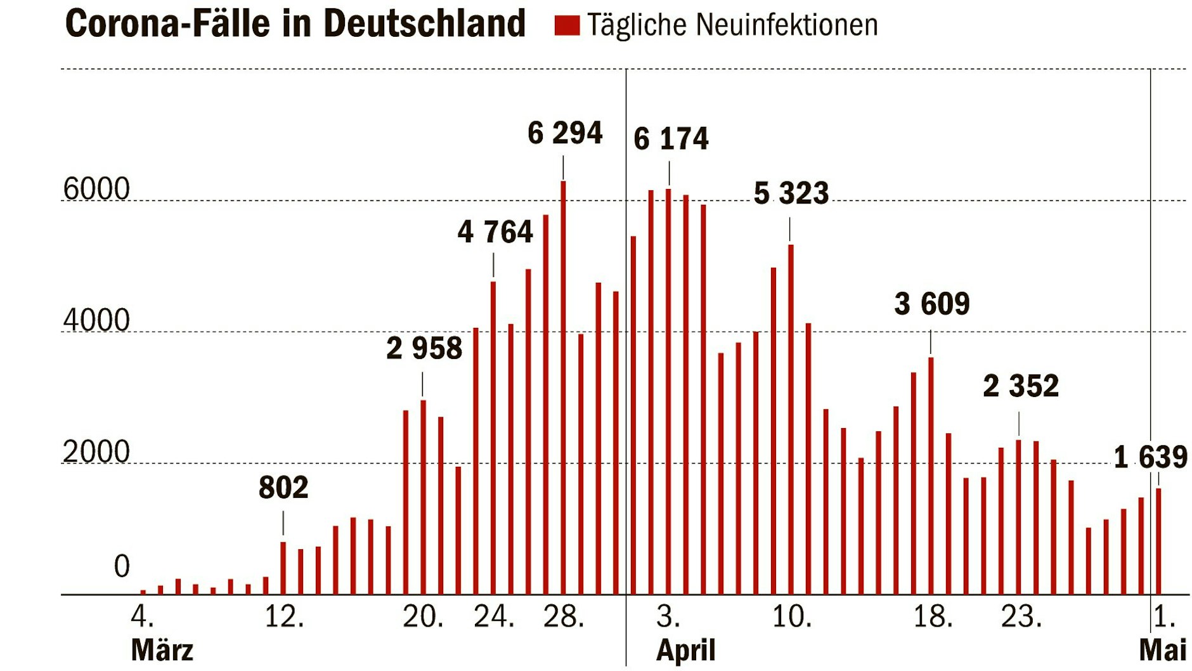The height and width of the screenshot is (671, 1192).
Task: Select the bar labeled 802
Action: (x=283, y=568)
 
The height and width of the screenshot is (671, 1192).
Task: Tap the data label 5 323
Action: (x=791, y=193)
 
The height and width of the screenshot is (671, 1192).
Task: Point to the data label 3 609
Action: (x=931, y=304)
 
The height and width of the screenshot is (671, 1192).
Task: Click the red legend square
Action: (x=567, y=25)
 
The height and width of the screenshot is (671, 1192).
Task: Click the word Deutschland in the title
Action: (x=424, y=24)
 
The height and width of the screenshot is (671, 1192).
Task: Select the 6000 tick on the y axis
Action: (x=96, y=190)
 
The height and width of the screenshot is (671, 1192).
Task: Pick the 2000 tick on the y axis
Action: (x=96, y=452)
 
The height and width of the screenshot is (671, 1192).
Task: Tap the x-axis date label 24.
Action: (x=494, y=616)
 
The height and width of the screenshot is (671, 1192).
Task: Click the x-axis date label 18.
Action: (x=933, y=616)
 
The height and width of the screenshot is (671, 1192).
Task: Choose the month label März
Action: (x=162, y=650)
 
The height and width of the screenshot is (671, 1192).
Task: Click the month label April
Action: (x=685, y=650)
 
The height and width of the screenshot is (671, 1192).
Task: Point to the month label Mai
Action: (x=1162, y=650)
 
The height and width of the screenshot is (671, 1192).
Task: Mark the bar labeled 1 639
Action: (x=1158, y=541)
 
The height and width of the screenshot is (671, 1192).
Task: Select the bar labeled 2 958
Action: (x=423, y=497)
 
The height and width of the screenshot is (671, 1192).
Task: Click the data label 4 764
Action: (x=495, y=232)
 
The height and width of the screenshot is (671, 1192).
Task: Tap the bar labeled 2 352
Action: (x=1018, y=517)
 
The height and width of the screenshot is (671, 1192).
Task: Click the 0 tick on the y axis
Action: (x=121, y=566)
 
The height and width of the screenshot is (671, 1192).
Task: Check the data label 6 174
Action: (x=670, y=139)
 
